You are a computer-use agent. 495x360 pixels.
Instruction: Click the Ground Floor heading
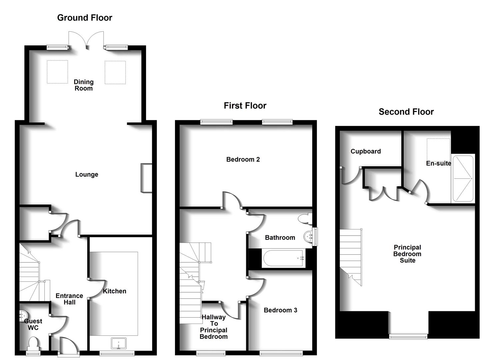point(85,18)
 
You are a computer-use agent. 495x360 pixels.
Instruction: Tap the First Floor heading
point(245,106)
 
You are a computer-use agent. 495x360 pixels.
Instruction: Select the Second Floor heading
point(406,112)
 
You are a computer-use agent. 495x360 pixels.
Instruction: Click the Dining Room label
point(84,85)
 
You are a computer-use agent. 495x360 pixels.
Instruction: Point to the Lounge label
point(87,174)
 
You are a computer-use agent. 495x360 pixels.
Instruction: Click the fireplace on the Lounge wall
point(146,178)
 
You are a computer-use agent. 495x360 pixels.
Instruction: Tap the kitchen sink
point(119,343)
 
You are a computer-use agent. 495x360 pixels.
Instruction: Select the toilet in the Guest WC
point(33,343)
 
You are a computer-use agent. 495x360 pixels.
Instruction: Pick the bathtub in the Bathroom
point(283,258)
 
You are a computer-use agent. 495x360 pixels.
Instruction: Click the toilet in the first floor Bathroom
point(305,219)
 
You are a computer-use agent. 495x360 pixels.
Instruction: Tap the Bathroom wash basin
point(309,237)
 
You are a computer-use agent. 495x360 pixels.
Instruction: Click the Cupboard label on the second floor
point(366,151)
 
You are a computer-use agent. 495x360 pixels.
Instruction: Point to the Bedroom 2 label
point(243,159)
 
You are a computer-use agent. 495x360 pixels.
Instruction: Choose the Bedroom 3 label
point(280,310)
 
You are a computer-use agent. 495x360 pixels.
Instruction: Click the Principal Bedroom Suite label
point(407,254)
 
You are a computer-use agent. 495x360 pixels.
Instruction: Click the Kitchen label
point(114,291)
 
